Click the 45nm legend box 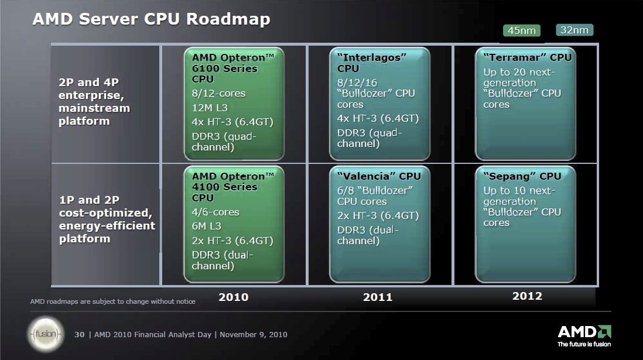pos(522,30)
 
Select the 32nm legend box pos(574,30)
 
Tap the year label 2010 pos(233,297)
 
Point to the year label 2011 pos(378,297)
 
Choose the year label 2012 pos(527,296)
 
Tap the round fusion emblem pos(46,334)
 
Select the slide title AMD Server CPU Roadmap pos(151,19)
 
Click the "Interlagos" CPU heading pos(371,63)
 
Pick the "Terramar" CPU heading pos(528,57)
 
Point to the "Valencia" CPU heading pos(379,176)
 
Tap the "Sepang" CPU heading pos(522,176)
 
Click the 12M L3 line pos(210,108)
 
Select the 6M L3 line pos(206,226)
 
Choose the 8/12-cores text pos(218,94)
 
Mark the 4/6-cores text pos(216,212)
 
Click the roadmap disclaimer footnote pos(113,301)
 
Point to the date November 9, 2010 pos(254,335)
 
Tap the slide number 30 pos(79,335)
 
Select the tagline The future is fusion pos(584,344)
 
